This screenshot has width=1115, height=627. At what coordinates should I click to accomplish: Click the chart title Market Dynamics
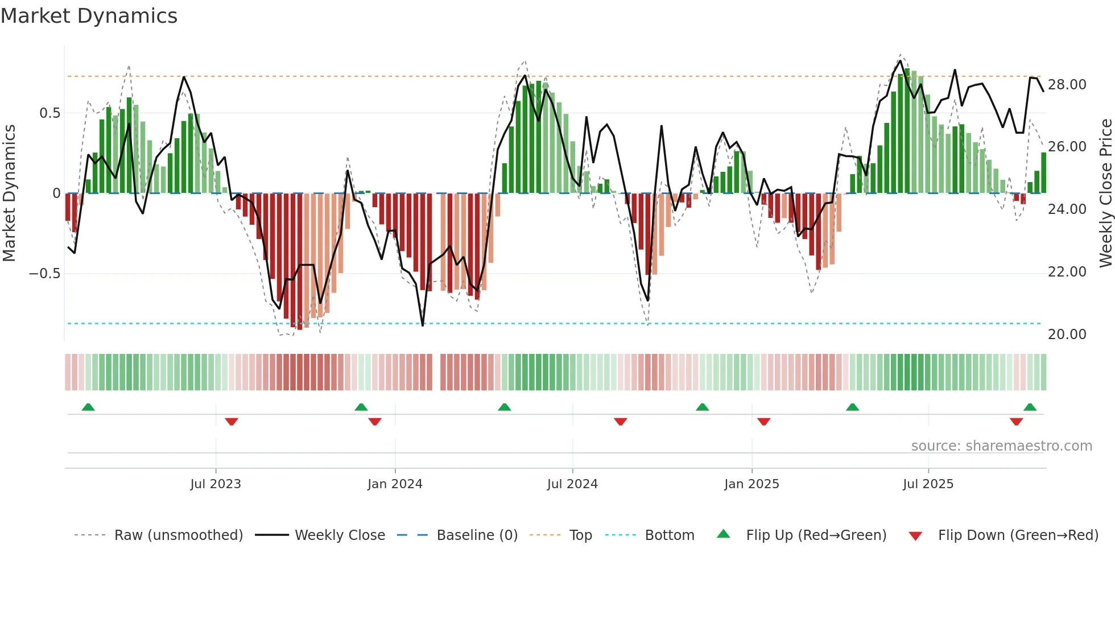point(89,16)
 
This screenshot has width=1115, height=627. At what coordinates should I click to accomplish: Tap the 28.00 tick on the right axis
point(1067,85)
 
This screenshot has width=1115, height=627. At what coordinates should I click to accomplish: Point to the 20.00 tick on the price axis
point(1067,335)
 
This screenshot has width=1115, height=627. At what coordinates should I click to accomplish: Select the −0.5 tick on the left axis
point(44,274)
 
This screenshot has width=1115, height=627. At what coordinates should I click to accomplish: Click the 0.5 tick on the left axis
point(49,113)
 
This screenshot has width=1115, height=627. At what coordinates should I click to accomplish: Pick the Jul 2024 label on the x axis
point(572,484)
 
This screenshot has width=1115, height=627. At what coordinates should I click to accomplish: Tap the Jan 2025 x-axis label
point(751,484)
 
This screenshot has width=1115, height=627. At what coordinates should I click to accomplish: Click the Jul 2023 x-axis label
point(216,484)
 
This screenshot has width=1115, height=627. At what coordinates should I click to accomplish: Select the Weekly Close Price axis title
point(1105,193)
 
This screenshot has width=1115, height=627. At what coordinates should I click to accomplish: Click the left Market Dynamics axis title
point(9,193)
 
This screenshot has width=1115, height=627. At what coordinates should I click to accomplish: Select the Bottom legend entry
point(669,535)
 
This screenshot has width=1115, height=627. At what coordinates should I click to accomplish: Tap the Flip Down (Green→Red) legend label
point(1018,535)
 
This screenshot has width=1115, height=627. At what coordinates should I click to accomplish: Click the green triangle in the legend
point(723,534)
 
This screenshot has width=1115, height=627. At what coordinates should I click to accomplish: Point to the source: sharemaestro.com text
point(1001,446)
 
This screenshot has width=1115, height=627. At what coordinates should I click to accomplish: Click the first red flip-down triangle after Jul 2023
point(231,422)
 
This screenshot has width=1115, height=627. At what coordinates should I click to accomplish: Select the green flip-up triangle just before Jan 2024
point(361,407)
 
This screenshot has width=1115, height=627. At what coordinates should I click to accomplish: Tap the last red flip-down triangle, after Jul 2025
point(1016,422)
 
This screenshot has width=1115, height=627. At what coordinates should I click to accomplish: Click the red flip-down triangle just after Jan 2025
point(763,422)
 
